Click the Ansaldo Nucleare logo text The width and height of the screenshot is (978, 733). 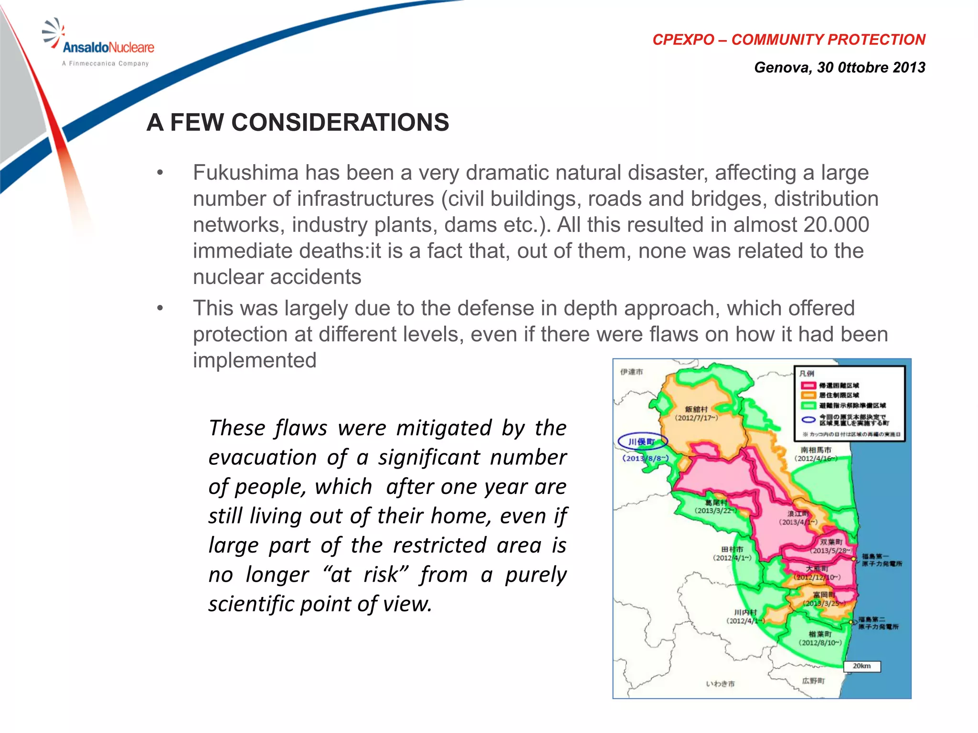tap(108, 47)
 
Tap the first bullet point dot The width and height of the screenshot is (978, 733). tap(160, 173)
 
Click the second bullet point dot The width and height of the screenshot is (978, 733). tap(160, 308)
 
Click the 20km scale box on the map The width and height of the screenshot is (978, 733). tap(861, 666)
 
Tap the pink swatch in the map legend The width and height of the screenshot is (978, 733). tap(808, 385)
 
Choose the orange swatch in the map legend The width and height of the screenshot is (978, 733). tap(808, 395)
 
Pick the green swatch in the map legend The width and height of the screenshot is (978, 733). tap(808, 406)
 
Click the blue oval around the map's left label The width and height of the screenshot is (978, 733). tap(642, 441)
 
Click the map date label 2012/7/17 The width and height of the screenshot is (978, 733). tap(696, 418)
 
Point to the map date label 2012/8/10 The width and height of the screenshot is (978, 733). tap(820, 643)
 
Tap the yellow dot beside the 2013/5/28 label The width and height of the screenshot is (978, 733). tap(853, 558)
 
